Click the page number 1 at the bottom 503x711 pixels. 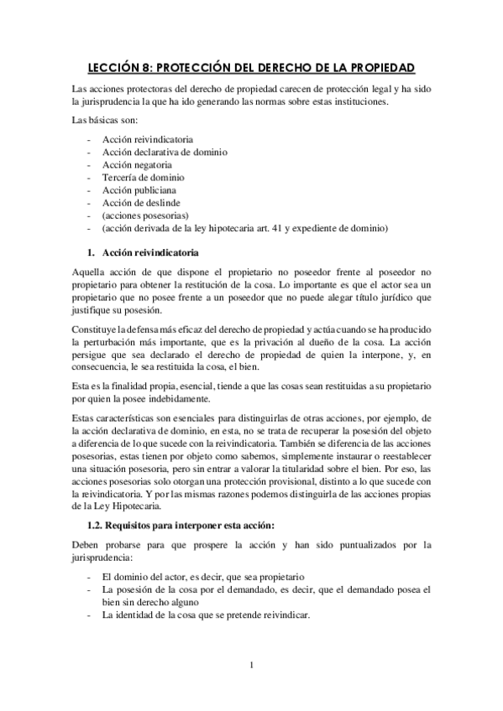click(x=251, y=666)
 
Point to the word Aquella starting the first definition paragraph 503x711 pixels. click(x=89, y=272)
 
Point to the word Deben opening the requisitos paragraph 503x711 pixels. click(x=86, y=545)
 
